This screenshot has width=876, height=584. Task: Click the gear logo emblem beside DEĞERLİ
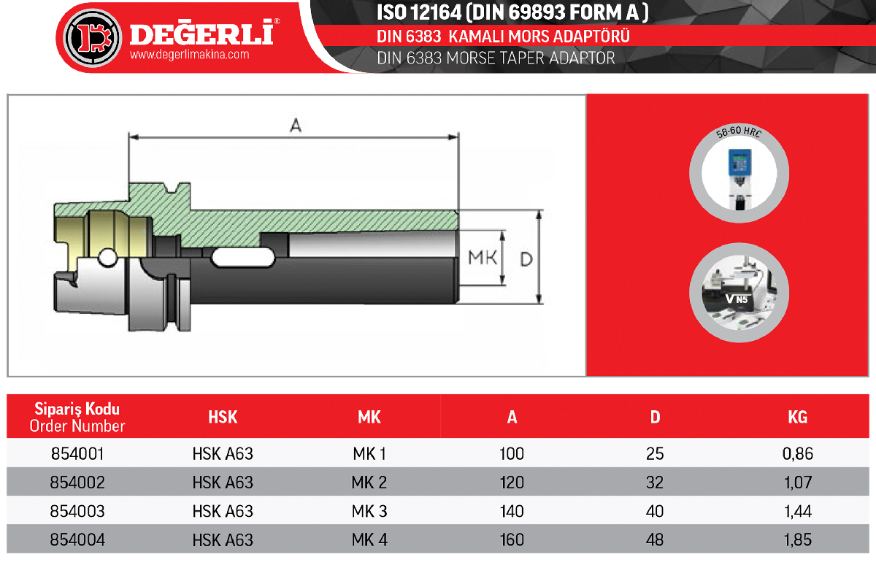[92, 38]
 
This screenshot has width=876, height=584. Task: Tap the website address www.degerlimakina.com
[189, 54]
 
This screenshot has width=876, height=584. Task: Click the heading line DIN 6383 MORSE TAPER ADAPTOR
[496, 58]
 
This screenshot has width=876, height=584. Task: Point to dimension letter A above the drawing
[296, 125]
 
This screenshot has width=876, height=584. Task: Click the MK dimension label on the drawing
[483, 258]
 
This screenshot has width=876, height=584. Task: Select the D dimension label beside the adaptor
[526, 259]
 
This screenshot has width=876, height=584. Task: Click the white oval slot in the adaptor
[243, 258]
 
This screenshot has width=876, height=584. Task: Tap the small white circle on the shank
[107, 258]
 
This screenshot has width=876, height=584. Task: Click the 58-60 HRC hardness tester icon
[739, 173]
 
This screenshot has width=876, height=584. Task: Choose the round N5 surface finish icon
[739, 293]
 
